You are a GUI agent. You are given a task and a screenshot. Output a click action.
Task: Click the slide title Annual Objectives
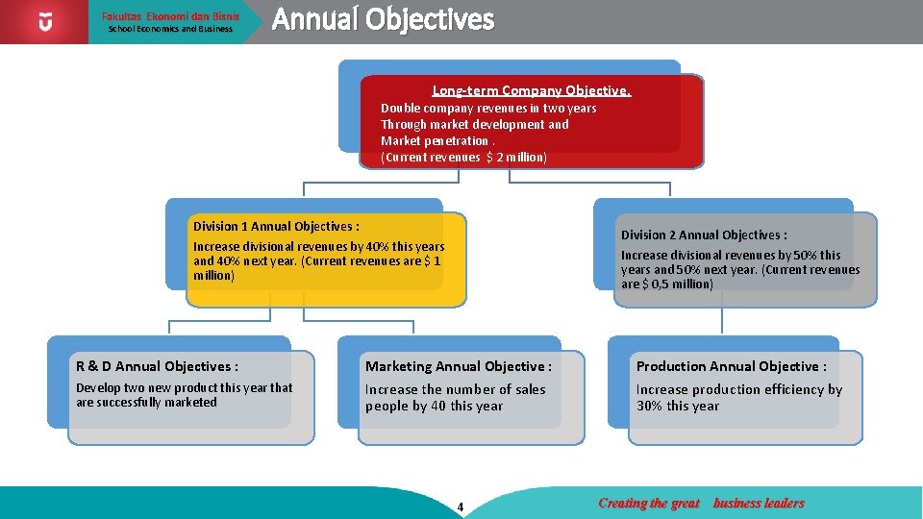coord(383,20)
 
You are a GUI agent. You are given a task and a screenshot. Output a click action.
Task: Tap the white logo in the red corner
coord(45,21)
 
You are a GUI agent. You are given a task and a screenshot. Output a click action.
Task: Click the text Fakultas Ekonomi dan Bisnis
coord(170,16)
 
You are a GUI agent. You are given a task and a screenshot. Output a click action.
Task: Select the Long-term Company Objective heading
coord(531,90)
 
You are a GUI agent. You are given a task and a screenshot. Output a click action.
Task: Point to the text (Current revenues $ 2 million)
coord(463,157)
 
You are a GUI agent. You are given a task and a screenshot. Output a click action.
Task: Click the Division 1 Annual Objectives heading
coord(276,227)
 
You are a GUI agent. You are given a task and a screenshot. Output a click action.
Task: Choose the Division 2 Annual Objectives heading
coord(704,235)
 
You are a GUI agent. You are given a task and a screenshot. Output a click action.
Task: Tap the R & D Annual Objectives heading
coord(157,366)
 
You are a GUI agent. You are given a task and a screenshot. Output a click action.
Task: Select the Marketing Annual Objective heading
coord(458,366)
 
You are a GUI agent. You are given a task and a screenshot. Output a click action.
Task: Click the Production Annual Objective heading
coord(731,366)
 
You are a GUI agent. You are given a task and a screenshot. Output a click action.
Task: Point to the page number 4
coord(461,507)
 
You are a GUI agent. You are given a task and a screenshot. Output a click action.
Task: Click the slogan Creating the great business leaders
coord(701,503)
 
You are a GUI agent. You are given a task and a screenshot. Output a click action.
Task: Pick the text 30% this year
coord(678,406)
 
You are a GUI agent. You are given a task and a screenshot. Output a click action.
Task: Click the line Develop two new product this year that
coord(184,388)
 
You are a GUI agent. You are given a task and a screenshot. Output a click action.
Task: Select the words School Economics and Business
coord(170,29)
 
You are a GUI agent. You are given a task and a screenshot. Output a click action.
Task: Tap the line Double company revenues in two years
coord(488,109)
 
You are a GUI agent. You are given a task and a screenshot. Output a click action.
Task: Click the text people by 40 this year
coord(434,406)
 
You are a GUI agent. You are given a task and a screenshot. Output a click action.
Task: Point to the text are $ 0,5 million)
coord(666,284)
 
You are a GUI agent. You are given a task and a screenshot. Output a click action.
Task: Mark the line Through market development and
coord(474,125)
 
